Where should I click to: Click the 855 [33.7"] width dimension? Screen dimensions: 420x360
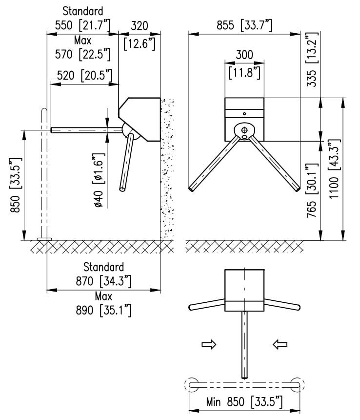tap(244, 25)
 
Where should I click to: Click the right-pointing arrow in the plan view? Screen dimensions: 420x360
tap(209, 345)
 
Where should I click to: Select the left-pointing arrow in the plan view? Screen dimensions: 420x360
tap(280, 345)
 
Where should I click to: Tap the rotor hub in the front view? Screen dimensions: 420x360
tap(244, 130)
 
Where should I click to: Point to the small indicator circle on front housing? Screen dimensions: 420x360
tap(244, 113)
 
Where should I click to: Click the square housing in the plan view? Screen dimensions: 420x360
tap(244, 290)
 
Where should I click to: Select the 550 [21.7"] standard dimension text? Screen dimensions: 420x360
tap(83, 25)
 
